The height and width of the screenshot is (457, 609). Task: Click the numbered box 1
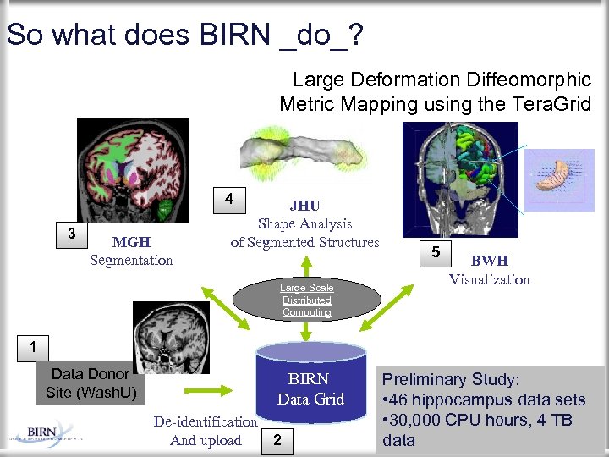tap(30, 346)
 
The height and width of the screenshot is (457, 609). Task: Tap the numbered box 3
tap(70, 234)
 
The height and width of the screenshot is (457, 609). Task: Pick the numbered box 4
tap(228, 200)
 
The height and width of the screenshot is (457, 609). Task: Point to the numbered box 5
tap(435, 252)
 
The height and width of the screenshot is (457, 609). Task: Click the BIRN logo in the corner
tap(42, 432)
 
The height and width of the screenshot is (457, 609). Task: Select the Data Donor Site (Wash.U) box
tap(89, 383)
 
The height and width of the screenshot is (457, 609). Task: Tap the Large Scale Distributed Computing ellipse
tap(307, 300)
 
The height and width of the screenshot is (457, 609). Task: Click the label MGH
tap(131, 244)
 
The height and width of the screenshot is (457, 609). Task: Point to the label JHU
tap(304, 206)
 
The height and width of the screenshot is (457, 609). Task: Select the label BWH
tap(489, 262)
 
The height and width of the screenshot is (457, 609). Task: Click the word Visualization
tap(489, 279)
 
